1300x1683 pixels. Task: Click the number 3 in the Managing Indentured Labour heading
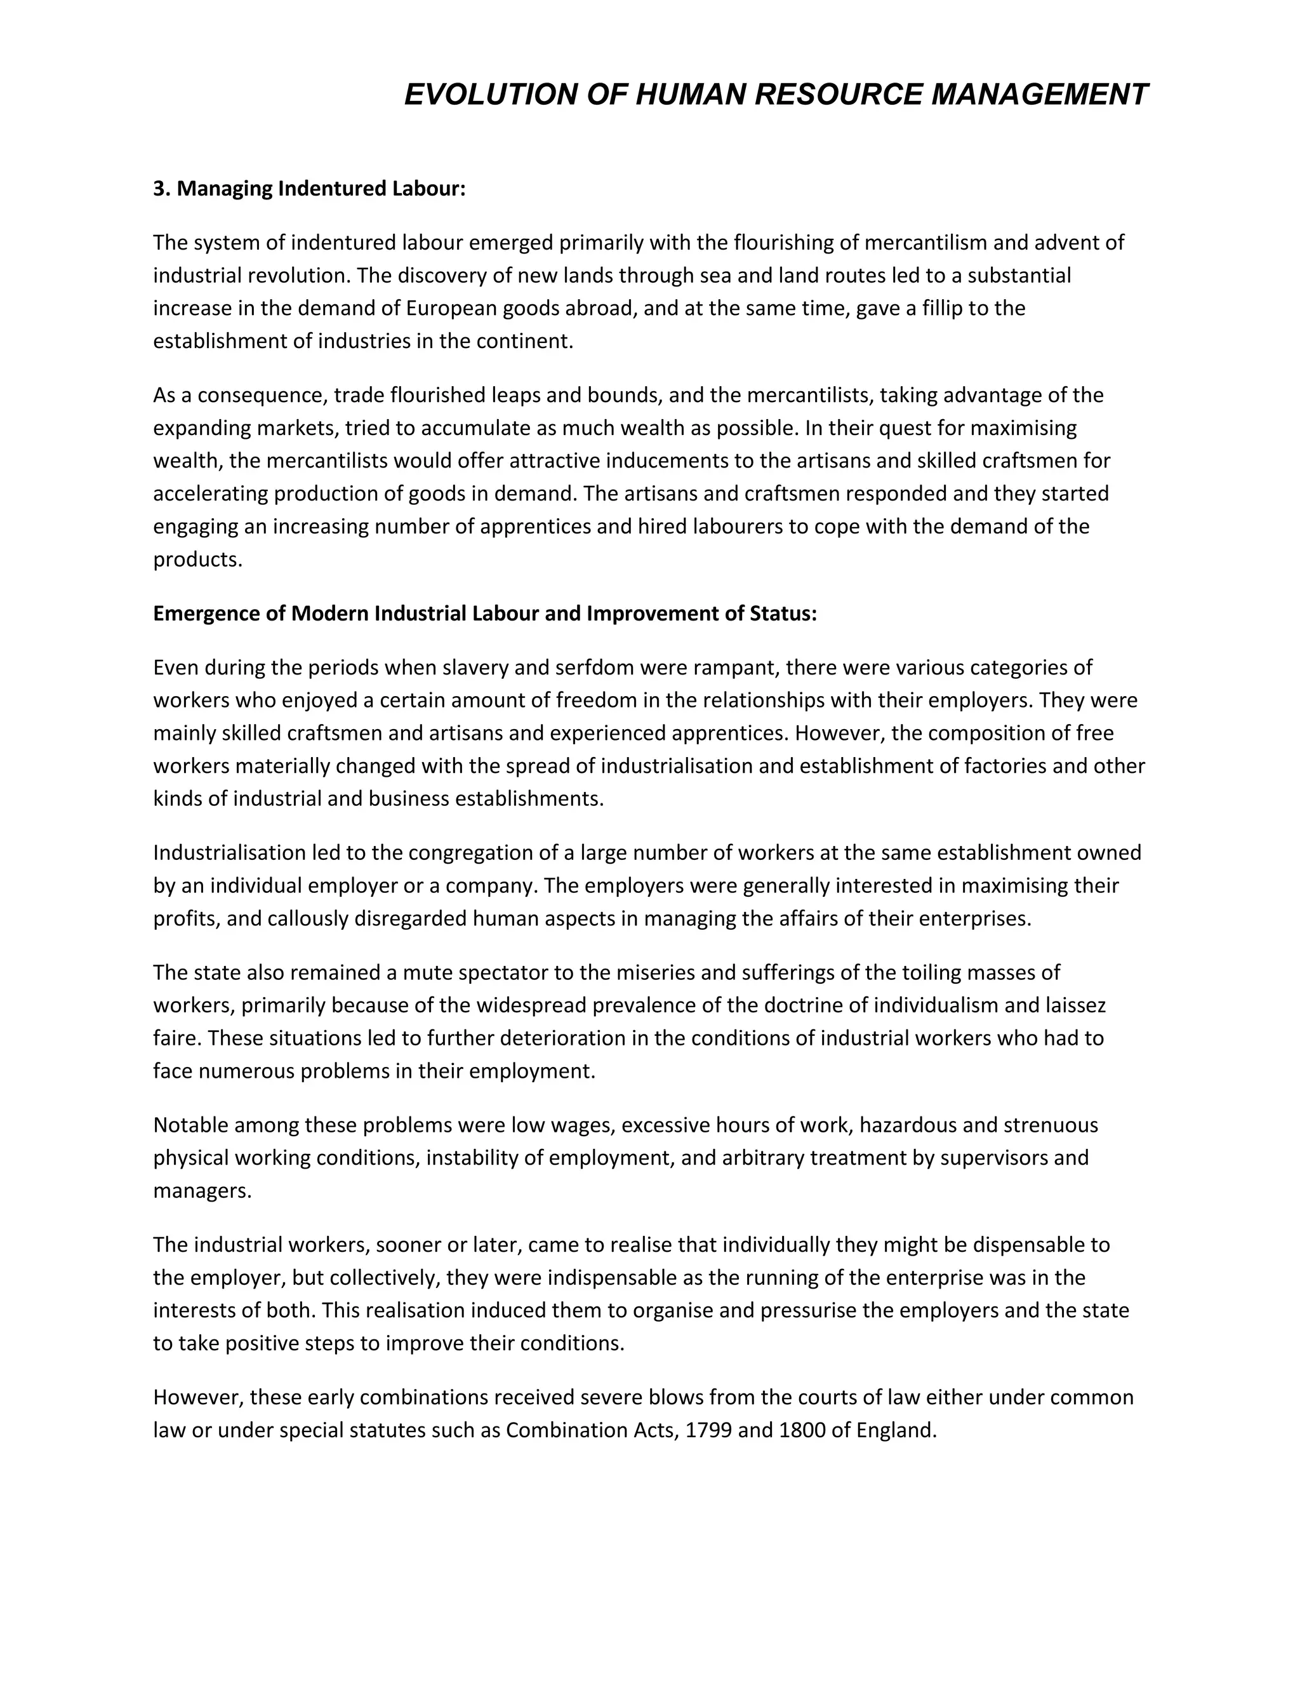coord(159,189)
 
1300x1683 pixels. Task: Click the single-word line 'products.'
coord(198,560)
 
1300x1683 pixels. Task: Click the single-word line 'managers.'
coord(202,1191)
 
